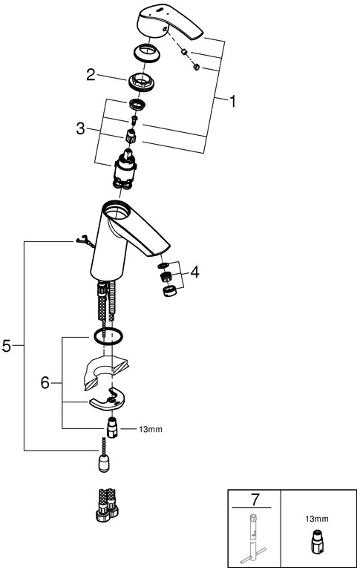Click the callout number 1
(x=232, y=101)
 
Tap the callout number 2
(x=91, y=75)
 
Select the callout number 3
(x=80, y=128)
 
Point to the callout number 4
(x=194, y=272)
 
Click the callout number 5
(x=7, y=346)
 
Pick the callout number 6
(x=45, y=382)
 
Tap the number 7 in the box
(x=255, y=500)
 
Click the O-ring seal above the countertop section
(x=108, y=336)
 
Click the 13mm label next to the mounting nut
(x=151, y=429)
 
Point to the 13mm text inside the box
(x=317, y=519)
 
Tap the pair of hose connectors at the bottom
(x=107, y=505)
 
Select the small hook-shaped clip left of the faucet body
(x=85, y=241)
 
